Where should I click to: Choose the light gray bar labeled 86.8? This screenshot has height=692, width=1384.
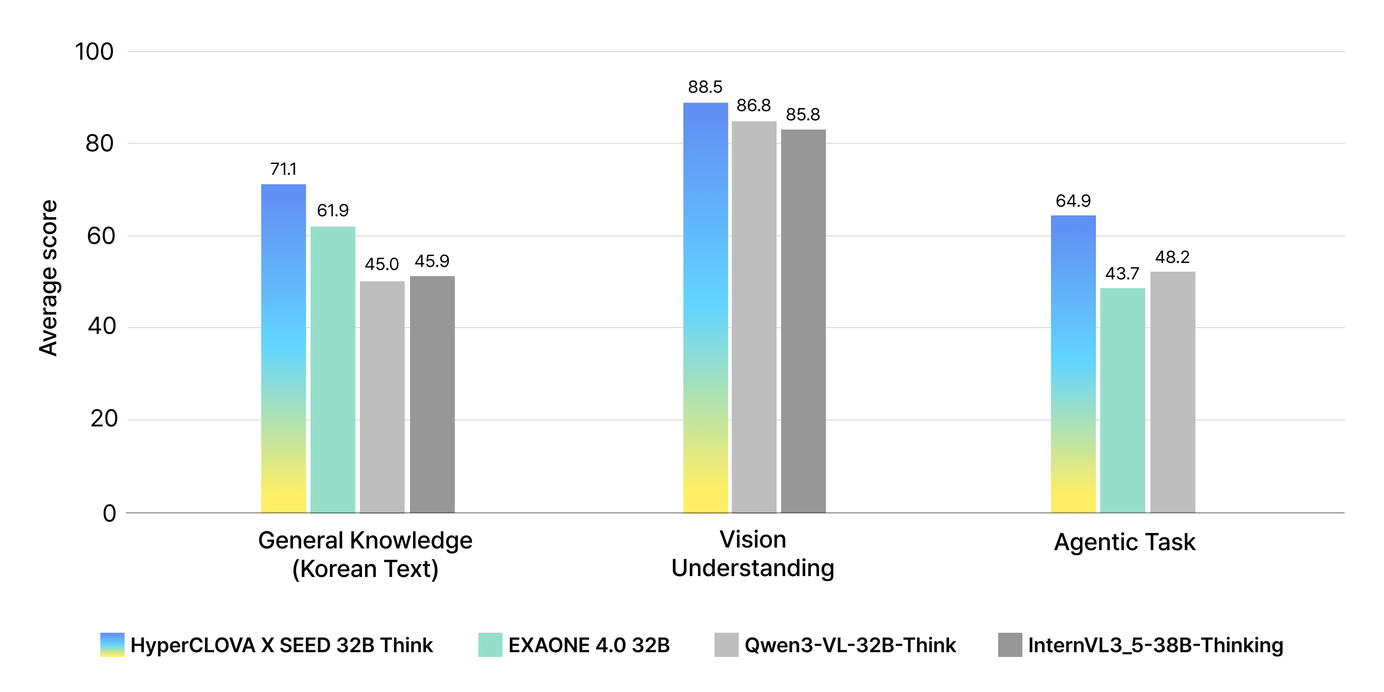(x=754, y=317)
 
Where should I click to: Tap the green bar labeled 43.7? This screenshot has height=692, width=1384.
(x=1122, y=400)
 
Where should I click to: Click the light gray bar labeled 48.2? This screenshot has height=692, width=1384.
(x=1173, y=392)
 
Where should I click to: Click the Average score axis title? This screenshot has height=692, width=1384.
(x=48, y=278)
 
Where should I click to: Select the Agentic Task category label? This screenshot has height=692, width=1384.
(x=1124, y=542)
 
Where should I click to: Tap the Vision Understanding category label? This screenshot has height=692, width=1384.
(x=753, y=554)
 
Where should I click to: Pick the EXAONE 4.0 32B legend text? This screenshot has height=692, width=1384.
(x=589, y=645)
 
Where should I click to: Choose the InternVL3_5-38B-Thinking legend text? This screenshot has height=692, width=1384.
(x=1155, y=645)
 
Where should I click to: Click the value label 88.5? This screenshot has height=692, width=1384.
(x=705, y=87)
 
